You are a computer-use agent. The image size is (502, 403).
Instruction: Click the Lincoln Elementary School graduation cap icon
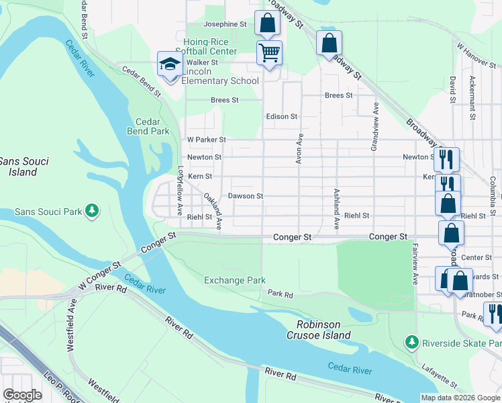click(170, 64)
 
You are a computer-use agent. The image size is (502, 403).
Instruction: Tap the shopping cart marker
click(269, 52)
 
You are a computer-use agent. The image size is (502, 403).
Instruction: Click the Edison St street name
click(281, 116)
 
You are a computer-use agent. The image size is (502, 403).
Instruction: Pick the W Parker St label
click(206, 140)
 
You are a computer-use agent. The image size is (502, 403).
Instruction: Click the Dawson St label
click(245, 196)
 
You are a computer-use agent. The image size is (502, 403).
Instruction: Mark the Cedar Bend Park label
click(148, 127)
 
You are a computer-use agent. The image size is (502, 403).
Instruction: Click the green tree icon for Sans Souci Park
click(93, 212)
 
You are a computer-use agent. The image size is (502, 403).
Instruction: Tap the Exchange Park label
click(235, 280)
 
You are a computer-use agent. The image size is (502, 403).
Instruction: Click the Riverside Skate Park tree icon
click(413, 343)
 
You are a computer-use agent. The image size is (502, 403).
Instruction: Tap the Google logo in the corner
click(22, 394)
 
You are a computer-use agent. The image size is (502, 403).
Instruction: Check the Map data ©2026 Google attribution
click(460, 398)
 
